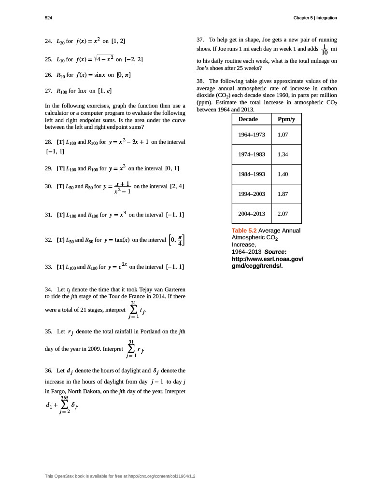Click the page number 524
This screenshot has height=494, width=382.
(48, 18)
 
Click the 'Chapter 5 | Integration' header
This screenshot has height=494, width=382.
(315, 18)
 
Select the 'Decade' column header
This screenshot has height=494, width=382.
(248, 119)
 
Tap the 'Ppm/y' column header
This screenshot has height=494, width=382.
(286, 119)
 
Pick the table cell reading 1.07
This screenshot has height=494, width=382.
(283, 135)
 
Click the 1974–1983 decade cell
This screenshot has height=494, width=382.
(252, 154)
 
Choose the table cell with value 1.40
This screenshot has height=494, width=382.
(283, 174)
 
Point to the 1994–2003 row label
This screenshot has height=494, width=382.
(252, 194)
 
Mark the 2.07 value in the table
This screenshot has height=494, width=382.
(283, 213)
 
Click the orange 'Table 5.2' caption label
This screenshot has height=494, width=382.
(244, 231)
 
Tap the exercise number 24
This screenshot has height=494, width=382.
(48, 41)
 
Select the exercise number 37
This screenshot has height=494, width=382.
(200, 40)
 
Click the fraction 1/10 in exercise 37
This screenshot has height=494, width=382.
(325, 49)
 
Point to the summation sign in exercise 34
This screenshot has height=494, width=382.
(133, 309)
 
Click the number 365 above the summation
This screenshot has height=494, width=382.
(64, 398)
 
